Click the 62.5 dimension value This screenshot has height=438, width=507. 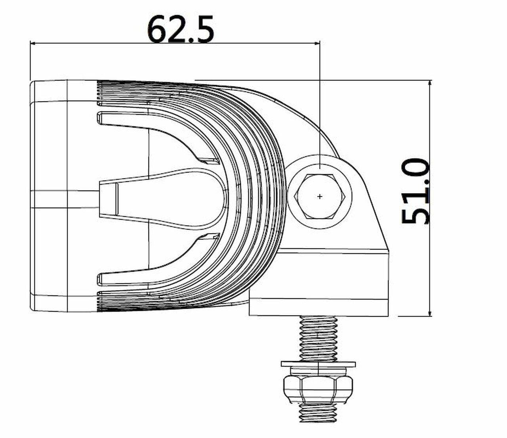click(x=181, y=29)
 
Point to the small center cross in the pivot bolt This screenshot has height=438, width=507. click(x=320, y=196)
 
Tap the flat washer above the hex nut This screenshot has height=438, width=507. click(x=318, y=364)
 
